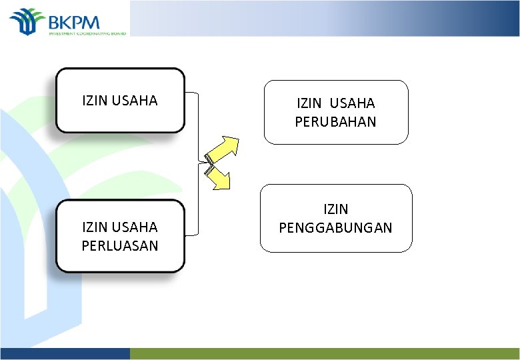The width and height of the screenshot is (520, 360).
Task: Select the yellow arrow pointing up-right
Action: tap(224, 149)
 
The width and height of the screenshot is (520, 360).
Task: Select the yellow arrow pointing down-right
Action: tap(218, 177)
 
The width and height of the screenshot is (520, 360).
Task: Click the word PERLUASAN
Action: tap(120, 245)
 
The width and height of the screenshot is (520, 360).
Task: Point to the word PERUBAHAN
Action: tap(335, 121)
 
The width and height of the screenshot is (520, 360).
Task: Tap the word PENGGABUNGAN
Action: tap(335, 228)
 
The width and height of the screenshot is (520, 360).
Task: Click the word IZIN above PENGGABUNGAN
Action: tap(335, 210)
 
